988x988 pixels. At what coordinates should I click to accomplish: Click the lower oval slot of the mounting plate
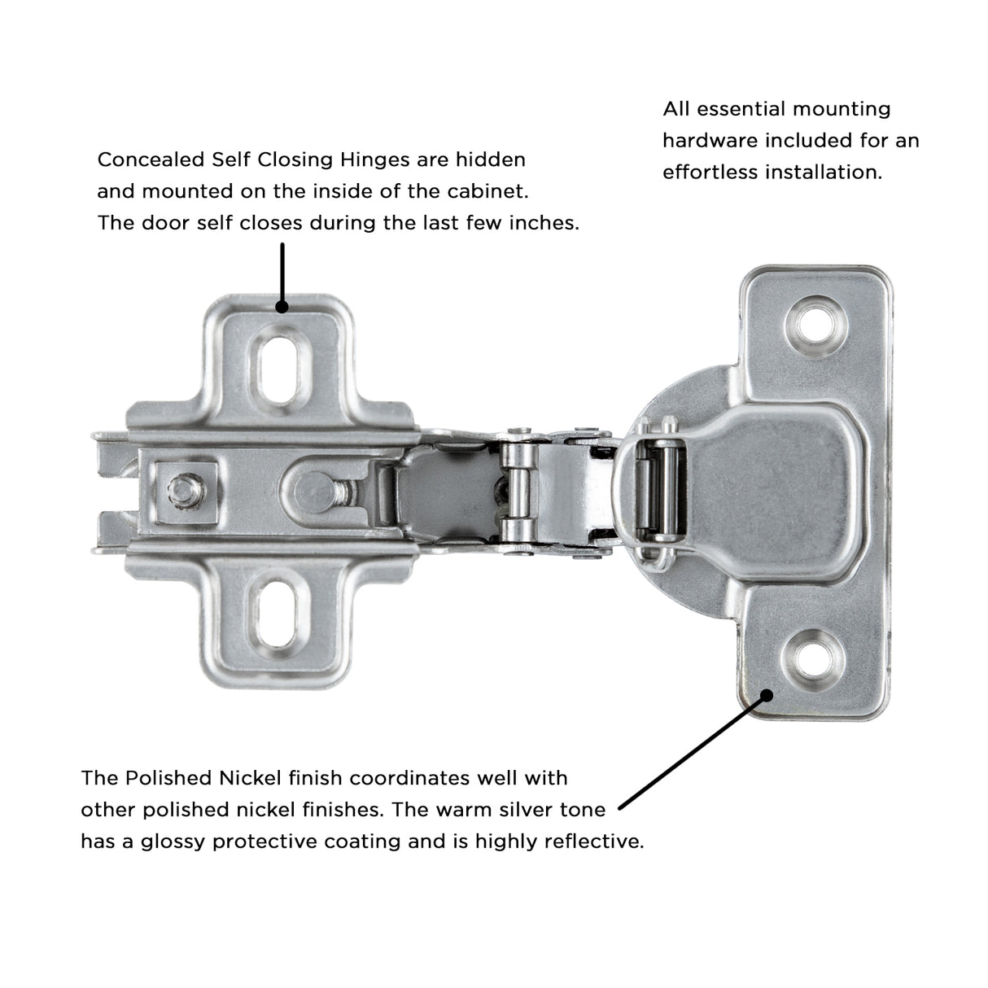coord(278,612)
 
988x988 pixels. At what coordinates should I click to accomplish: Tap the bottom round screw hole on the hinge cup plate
coord(813,659)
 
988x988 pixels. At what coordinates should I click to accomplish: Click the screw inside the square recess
coord(186,490)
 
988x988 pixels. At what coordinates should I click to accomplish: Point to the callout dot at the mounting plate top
coord(282,307)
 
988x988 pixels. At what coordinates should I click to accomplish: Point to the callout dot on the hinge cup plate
coord(767,696)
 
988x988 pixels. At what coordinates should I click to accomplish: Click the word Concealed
coord(151,160)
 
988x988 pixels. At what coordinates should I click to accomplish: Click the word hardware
coord(710,140)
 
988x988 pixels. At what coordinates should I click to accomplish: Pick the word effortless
coord(710,172)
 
